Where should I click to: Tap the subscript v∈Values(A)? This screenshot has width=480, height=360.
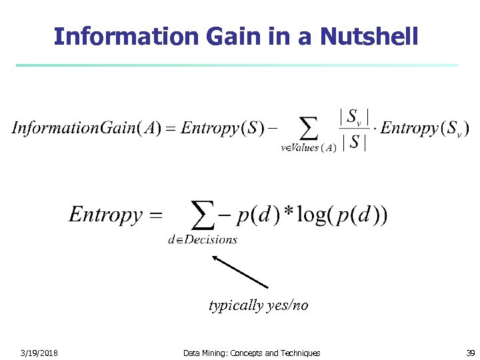click(x=309, y=148)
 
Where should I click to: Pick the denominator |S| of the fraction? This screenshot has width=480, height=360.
click(x=354, y=142)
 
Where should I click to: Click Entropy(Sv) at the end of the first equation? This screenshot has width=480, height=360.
click(x=425, y=128)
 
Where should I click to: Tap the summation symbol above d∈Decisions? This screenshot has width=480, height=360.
click(x=203, y=215)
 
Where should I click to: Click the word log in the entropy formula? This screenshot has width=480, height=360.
click(x=311, y=215)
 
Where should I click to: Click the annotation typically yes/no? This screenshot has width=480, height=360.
click(x=259, y=305)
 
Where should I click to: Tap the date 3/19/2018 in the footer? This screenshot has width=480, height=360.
click(x=39, y=353)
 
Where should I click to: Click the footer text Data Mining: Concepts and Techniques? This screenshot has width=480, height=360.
click(x=251, y=353)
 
